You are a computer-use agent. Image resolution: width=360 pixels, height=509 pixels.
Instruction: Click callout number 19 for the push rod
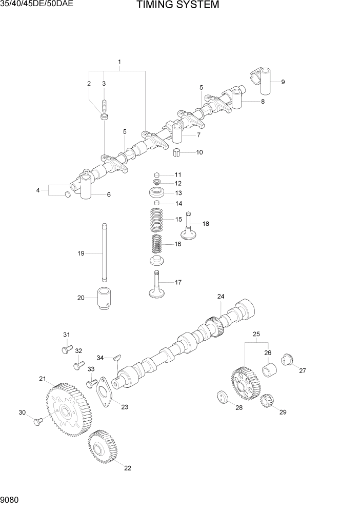81,253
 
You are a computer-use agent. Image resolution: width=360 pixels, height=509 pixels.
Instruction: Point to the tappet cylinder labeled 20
105,299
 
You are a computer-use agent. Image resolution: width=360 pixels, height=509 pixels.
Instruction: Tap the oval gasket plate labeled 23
105,392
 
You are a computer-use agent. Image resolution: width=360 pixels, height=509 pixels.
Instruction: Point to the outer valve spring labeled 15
158,219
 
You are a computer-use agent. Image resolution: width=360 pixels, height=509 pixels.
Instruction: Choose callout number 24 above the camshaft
221,297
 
